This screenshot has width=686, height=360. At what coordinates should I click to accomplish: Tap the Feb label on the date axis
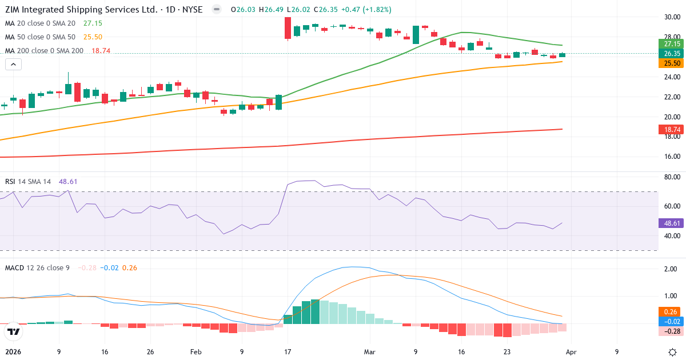pos(196,352)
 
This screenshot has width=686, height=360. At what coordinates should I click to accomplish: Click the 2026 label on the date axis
pos(13,352)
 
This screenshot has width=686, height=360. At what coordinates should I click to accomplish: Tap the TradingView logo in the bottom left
pos(14,331)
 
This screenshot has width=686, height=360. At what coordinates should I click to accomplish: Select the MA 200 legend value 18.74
pos(101,51)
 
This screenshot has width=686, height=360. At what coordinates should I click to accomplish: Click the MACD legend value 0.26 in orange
pos(129,268)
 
